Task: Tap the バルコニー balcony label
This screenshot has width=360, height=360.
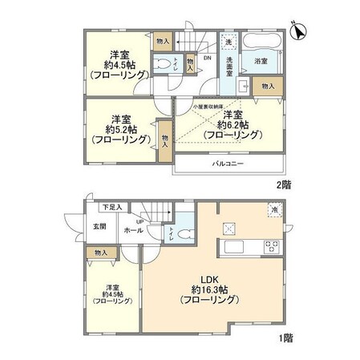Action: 229,164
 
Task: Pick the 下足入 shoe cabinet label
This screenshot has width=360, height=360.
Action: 111,208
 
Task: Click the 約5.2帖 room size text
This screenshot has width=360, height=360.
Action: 121,128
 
